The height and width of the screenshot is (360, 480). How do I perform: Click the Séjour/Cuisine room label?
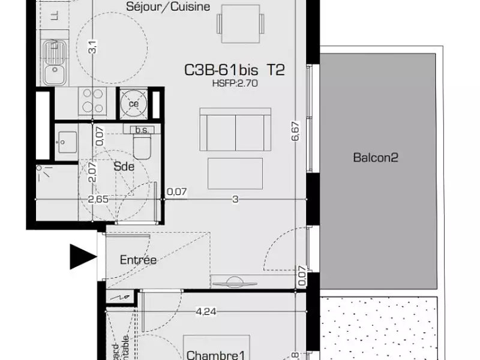click(x=168, y=7)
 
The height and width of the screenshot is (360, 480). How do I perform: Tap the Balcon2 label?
click(x=376, y=158)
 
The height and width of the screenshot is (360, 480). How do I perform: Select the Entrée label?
click(x=139, y=260)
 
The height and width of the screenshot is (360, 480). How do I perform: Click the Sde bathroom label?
click(x=124, y=167)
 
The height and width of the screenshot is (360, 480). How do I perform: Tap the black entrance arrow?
click(x=83, y=257)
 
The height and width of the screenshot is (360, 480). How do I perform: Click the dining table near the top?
click(x=240, y=20)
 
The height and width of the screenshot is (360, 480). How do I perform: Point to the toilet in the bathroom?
click(x=143, y=145)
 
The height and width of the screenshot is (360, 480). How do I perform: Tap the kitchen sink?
click(x=60, y=73)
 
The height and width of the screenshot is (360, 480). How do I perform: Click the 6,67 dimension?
click(x=295, y=131)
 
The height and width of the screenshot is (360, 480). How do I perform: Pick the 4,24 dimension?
click(x=206, y=311)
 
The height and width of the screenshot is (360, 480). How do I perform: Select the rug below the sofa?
click(x=235, y=173)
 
